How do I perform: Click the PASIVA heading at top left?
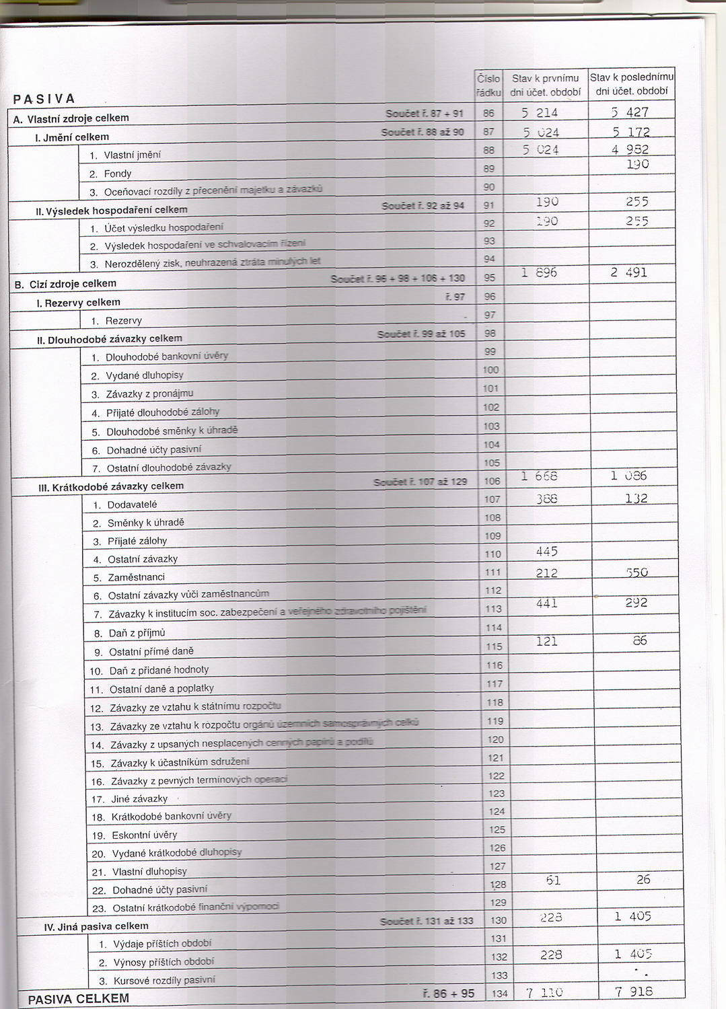(x=44, y=99)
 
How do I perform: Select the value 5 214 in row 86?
(x=540, y=113)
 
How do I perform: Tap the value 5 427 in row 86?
(x=630, y=112)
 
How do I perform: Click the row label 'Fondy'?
(x=118, y=174)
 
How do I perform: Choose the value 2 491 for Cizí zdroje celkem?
(x=628, y=272)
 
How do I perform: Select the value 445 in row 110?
(x=546, y=552)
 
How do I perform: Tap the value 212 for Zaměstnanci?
(x=546, y=572)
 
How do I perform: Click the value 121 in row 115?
(x=546, y=641)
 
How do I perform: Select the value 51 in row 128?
(x=553, y=881)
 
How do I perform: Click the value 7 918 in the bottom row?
(x=634, y=991)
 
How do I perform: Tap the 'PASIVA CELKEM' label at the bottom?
(x=78, y=999)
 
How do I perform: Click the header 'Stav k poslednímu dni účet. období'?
(x=631, y=84)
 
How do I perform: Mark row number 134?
(x=499, y=994)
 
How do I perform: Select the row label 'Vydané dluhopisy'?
(x=145, y=375)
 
